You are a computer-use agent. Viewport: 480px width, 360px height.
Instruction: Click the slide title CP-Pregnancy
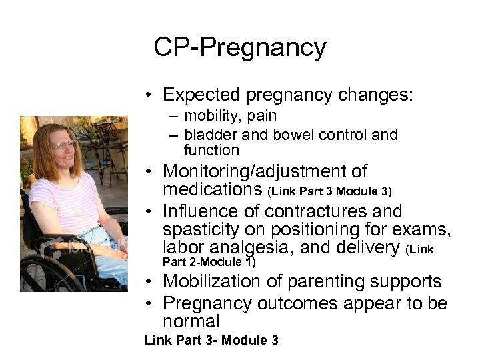coord(239,48)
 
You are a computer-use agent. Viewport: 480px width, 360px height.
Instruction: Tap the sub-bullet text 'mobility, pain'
coord(230,116)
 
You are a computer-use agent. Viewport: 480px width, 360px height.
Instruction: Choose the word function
coord(211,150)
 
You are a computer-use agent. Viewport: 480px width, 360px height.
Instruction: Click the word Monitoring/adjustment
coord(265,172)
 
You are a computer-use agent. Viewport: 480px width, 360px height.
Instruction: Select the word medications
coord(213,190)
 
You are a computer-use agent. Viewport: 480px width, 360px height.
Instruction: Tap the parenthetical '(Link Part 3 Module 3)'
coord(329,192)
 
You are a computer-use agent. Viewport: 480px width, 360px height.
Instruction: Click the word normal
coord(191,321)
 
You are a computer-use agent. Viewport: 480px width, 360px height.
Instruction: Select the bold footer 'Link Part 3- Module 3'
coord(211,341)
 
